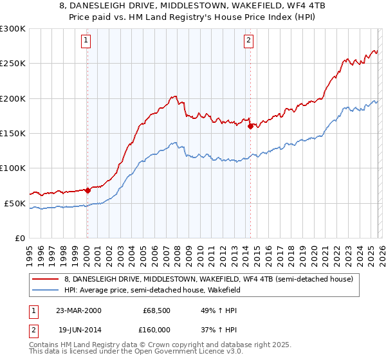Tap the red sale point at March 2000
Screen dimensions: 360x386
(x=87, y=190)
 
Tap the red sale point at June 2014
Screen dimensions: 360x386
(x=250, y=126)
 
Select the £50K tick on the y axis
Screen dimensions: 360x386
(x=15, y=203)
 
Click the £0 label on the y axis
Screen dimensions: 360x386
(x=21, y=238)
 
